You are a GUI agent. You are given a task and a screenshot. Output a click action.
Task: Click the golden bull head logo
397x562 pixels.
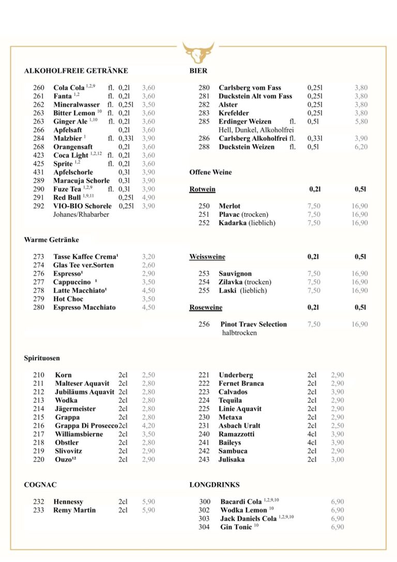pyautogui.click(x=198, y=53)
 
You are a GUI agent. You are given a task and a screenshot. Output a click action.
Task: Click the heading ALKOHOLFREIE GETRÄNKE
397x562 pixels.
pyautogui.click(x=76, y=71)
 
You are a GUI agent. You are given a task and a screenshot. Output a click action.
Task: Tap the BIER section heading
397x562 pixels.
pyautogui.click(x=198, y=71)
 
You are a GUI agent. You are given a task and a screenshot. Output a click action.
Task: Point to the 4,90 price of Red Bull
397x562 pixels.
pyautogui.click(x=148, y=198)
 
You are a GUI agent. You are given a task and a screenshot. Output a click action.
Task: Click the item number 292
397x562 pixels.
pyautogui.click(x=39, y=206)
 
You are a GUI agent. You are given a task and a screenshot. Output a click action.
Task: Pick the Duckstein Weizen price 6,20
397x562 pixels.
pyautogui.click(x=361, y=147)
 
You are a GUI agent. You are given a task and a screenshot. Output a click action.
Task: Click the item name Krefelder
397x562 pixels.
pyautogui.click(x=234, y=113)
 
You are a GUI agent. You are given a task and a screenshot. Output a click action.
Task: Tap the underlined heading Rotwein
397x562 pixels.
pyautogui.click(x=202, y=189)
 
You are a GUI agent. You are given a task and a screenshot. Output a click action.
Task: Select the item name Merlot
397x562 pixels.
pyautogui.click(x=230, y=206)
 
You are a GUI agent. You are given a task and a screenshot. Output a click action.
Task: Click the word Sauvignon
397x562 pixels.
pyautogui.click(x=235, y=274)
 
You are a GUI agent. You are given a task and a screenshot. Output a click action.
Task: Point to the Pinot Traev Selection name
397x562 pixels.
pyautogui.click(x=253, y=324)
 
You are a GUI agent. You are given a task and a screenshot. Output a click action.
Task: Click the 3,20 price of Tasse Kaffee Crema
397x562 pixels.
pyautogui.click(x=148, y=257)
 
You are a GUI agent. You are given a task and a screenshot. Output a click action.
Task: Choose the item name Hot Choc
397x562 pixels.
pyautogui.click(x=68, y=299)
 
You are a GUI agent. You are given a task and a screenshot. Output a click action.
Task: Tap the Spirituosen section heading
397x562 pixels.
pyautogui.click(x=42, y=358)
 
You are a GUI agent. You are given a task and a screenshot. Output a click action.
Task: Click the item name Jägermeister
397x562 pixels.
pyautogui.click(x=75, y=409)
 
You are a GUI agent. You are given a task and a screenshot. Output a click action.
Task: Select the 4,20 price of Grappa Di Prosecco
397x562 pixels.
pyautogui.click(x=148, y=426)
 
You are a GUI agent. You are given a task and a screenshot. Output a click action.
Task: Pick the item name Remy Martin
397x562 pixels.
pyautogui.click(x=74, y=510)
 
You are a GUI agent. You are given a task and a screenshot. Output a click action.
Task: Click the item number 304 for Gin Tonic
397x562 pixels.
pyautogui.click(x=205, y=527)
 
